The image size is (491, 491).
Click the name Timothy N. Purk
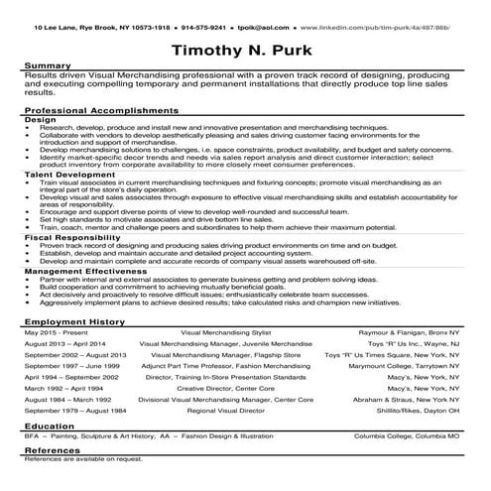pyautogui.click(x=245, y=50)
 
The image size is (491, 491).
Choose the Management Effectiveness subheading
pyautogui.click(x=77, y=269)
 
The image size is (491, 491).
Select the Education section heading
pyautogui.click(x=47, y=424)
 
